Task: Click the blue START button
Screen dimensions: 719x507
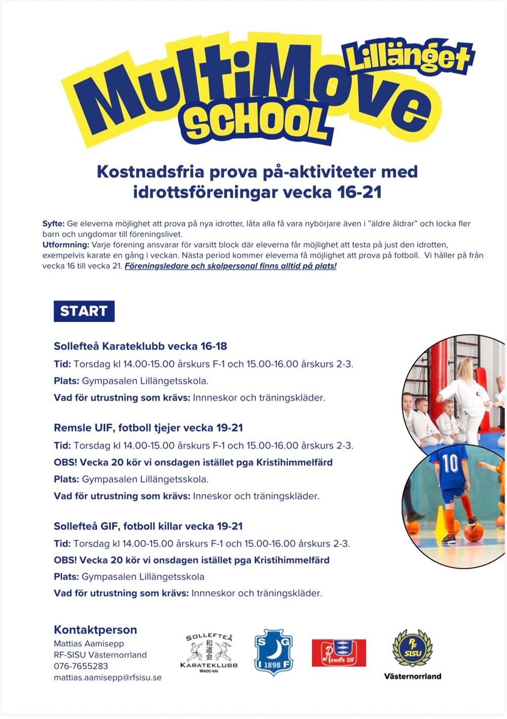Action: click(x=84, y=311)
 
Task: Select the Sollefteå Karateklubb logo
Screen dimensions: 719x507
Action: click(x=209, y=653)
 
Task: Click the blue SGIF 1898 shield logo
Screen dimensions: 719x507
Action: click(x=273, y=653)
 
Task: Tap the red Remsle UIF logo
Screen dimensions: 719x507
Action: click(x=339, y=653)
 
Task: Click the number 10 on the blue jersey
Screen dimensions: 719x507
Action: click(x=450, y=463)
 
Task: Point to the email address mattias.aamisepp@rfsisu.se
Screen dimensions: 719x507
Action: click(x=107, y=677)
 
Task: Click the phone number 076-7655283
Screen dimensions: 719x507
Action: click(x=81, y=666)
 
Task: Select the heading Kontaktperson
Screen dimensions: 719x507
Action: click(x=95, y=630)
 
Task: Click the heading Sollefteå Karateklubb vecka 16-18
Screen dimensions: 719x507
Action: click(x=140, y=347)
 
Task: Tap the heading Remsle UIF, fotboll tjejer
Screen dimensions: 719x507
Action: click(x=148, y=428)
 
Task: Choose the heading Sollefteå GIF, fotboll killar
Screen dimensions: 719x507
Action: click(x=148, y=526)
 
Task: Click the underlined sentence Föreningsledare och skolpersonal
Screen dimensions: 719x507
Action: click(x=231, y=266)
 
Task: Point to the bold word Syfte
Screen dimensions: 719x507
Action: click(x=53, y=224)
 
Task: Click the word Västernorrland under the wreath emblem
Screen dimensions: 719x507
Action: click(x=412, y=676)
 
